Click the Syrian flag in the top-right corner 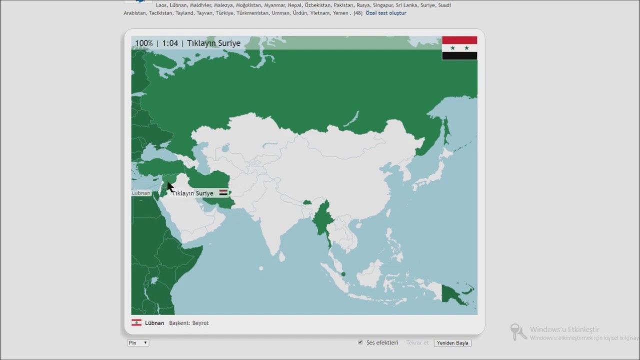point(459,48)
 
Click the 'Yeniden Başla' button point(452,343)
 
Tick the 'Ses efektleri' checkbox point(360,342)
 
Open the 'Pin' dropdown point(138,343)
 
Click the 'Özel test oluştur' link point(385,13)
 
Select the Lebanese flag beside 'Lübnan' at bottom point(136,323)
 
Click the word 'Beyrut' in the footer point(200,323)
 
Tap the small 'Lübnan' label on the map point(140,193)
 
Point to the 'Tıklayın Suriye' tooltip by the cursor point(192,193)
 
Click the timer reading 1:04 point(170,43)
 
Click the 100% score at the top point(144,43)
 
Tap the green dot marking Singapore point(343,274)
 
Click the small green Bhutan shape point(307,202)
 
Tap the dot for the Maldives point(260,268)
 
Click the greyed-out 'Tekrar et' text point(417,343)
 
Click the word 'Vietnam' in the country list point(319,13)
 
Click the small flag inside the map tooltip point(223,193)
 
